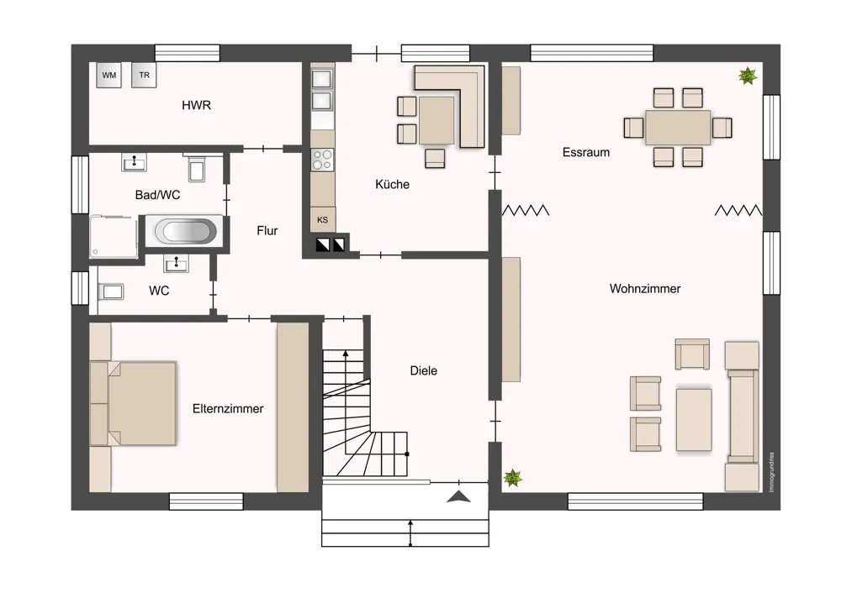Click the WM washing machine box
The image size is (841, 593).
pos(108,75)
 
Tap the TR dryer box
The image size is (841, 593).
pos(144,75)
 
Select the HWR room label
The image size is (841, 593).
pos(196,105)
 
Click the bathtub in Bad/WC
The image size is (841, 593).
pos(185,232)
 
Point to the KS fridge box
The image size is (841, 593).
pos(322,219)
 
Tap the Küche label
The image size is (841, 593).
pos(392,184)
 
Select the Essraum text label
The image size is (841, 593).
pos(585,152)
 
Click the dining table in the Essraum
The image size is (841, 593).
pos(678,128)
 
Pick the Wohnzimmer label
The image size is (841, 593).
pos(645,289)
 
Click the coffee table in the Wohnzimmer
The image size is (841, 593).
pos(694,419)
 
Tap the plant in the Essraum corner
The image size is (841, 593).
pos(747,76)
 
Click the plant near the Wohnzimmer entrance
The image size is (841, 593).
pos(513,477)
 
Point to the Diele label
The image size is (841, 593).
pos(423,370)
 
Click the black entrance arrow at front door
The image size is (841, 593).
pos(458,496)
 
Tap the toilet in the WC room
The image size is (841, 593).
pos(111,291)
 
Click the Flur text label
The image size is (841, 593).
pos(267,231)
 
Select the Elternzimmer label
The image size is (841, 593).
pos(228,409)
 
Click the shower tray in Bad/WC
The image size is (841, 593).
pos(114,237)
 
